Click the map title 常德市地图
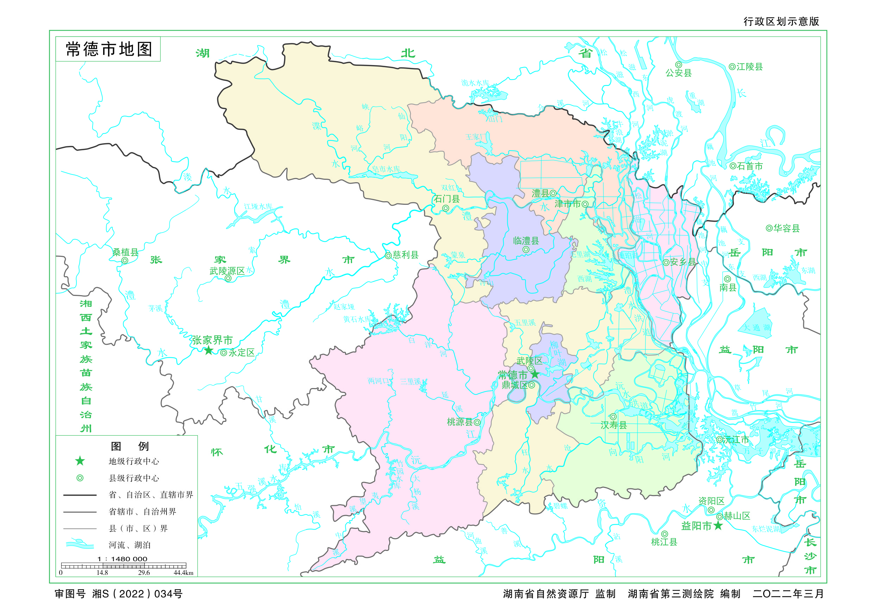(109, 49)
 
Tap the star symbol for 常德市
(535, 374)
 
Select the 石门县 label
(447, 199)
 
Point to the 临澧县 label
(526, 241)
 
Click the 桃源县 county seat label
(460, 422)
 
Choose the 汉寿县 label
(613, 425)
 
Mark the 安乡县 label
(683, 262)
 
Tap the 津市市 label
(568, 204)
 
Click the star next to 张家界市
(208, 350)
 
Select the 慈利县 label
(405, 255)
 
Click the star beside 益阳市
(718, 526)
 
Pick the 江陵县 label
(749, 67)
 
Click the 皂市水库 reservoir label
(385, 169)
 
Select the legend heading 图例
(129, 446)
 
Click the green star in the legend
(80, 461)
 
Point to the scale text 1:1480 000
(122, 559)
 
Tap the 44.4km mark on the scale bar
(183, 573)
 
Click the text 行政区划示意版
(781, 21)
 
